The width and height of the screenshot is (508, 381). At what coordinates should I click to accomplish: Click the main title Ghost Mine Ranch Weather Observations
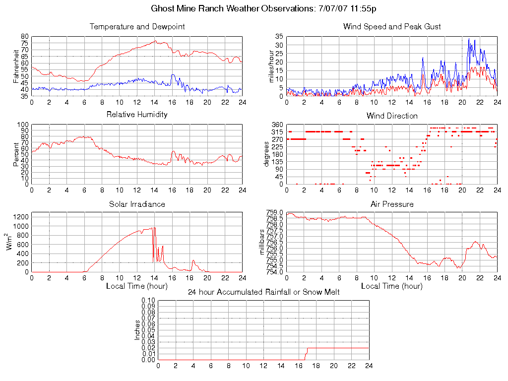pos(263,9)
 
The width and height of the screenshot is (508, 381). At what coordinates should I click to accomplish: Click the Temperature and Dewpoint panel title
pos(137,27)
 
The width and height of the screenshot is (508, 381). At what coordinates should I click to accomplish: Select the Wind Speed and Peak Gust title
pos(392,27)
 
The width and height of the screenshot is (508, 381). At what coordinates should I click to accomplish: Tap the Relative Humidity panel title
pos(137,115)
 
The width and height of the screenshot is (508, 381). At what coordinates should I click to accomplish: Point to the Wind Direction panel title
pos(392,116)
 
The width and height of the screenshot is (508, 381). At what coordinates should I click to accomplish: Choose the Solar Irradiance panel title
pos(137,204)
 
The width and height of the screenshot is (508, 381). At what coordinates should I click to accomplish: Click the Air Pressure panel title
pos(392,204)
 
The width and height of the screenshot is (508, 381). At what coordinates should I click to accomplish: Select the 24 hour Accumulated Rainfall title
pos(263,292)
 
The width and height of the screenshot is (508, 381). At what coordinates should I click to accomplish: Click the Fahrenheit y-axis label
pos(16,66)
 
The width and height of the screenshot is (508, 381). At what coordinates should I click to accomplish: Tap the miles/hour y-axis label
pos(271,66)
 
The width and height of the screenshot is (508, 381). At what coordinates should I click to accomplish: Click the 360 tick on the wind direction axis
pos(278,125)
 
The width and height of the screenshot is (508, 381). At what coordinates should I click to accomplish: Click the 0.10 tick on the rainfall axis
pos(148,300)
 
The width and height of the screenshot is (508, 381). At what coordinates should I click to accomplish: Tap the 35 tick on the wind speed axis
pos(279,37)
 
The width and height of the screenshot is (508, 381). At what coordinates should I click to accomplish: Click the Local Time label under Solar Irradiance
pos(137,286)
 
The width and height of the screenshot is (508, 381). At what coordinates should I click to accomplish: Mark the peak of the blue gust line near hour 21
pos(469,39)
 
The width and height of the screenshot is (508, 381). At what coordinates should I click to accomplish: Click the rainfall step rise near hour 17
pos(306,353)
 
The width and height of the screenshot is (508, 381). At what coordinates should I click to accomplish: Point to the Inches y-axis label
pos(137,330)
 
